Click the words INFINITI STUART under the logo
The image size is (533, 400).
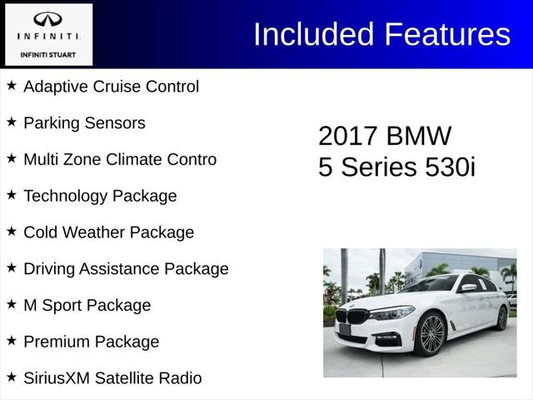(x=47, y=56)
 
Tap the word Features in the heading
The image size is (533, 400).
(x=446, y=34)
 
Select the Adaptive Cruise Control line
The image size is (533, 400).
(x=111, y=87)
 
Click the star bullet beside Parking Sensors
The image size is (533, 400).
(x=12, y=122)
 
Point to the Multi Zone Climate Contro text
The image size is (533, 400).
(x=120, y=159)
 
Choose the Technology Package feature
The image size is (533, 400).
(x=100, y=196)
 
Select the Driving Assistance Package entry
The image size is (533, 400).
(x=126, y=269)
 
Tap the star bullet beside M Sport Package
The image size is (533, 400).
(x=12, y=304)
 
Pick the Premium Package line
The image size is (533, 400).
(x=91, y=342)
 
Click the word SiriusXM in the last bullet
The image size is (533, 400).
(x=57, y=378)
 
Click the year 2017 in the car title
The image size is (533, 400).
(x=350, y=136)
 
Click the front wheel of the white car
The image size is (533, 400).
(x=432, y=334)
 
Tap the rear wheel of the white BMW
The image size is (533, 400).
(x=501, y=317)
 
